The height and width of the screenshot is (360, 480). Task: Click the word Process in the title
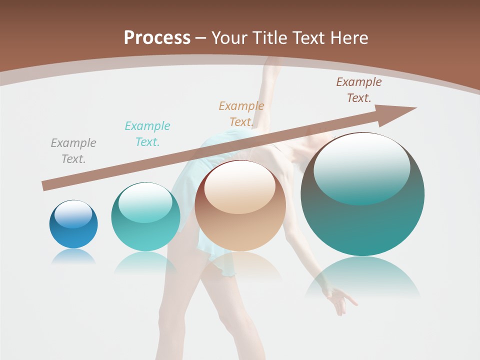point(157,38)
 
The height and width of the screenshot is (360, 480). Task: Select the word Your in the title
point(227,38)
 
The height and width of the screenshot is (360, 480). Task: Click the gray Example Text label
point(73,151)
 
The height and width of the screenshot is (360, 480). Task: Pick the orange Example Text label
point(241,114)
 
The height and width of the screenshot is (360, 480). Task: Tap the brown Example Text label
point(359,90)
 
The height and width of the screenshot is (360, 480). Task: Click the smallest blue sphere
point(73,225)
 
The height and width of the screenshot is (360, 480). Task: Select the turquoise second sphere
point(145,217)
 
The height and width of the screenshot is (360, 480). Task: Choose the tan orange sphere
point(240,206)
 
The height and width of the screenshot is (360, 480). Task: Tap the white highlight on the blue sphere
point(73,214)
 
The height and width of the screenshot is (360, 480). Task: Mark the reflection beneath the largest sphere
point(362,278)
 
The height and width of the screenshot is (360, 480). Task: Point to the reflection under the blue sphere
point(73,256)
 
